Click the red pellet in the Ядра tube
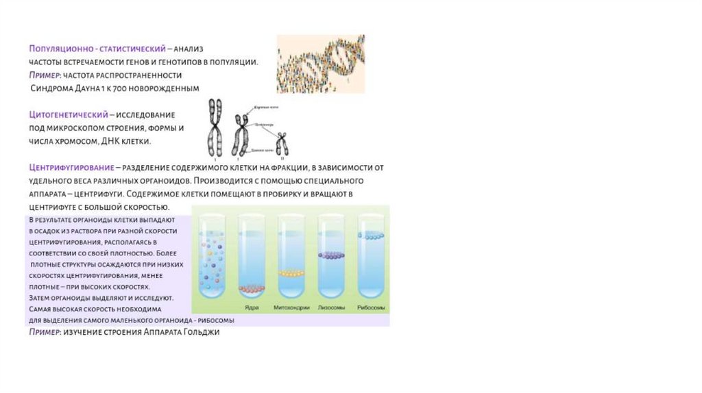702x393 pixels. pos(251,288)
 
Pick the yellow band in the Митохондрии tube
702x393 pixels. pos(291,273)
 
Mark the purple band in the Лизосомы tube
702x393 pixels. pos(332,255)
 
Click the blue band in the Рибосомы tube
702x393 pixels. pos(372,236)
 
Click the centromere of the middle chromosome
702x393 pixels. pos(241,127)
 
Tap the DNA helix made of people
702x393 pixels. pos(320,64)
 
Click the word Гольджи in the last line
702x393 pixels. pos(202,333)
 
